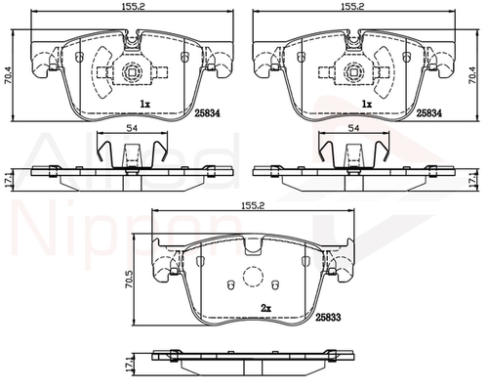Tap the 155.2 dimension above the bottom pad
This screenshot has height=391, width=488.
(x=254, y=205)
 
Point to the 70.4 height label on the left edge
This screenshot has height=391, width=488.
(x=7, y=75)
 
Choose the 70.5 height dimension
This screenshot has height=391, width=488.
(x=129, y=280)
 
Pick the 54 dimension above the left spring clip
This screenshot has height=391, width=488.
(x=132, y=128)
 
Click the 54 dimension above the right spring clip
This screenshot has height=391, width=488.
(x=353, y=128)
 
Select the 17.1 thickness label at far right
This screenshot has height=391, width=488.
(x=481, y=180)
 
